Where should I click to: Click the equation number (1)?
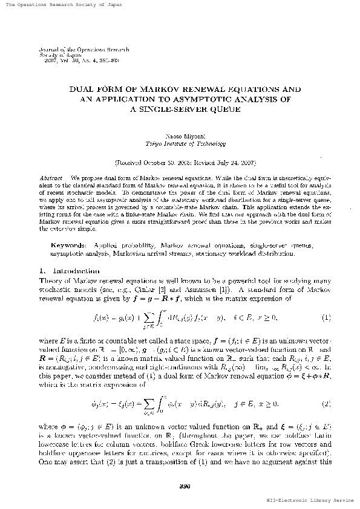[x=326, y=317]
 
